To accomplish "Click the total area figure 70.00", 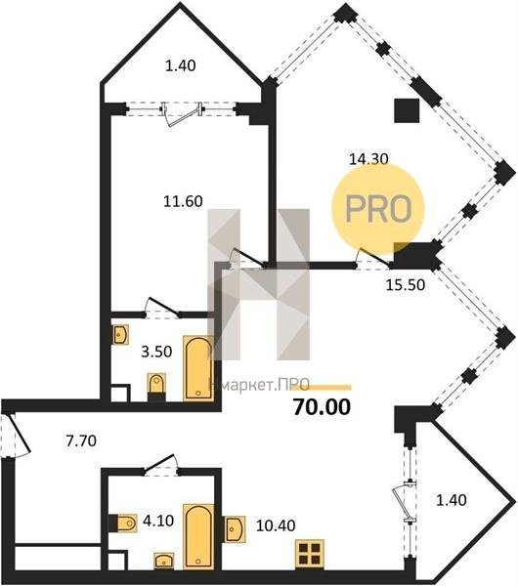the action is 322,407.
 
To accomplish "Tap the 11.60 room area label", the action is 184,201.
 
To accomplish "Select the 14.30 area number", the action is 368,159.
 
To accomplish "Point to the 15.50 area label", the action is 406,285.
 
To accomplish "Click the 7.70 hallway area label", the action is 81,441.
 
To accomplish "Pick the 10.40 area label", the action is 276,525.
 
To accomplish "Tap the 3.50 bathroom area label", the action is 156,352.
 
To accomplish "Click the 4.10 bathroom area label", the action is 158,521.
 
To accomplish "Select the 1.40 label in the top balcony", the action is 180,65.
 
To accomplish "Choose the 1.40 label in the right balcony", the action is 452,500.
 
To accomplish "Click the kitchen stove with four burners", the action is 310,554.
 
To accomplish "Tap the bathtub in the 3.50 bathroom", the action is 198,368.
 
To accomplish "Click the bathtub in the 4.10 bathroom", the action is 198,536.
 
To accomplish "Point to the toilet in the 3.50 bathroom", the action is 156,387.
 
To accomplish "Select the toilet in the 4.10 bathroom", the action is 123,523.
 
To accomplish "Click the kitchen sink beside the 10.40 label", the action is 235,529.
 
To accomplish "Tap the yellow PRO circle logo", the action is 378,209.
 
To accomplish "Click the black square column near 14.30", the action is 407,110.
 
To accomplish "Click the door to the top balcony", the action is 182,113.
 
